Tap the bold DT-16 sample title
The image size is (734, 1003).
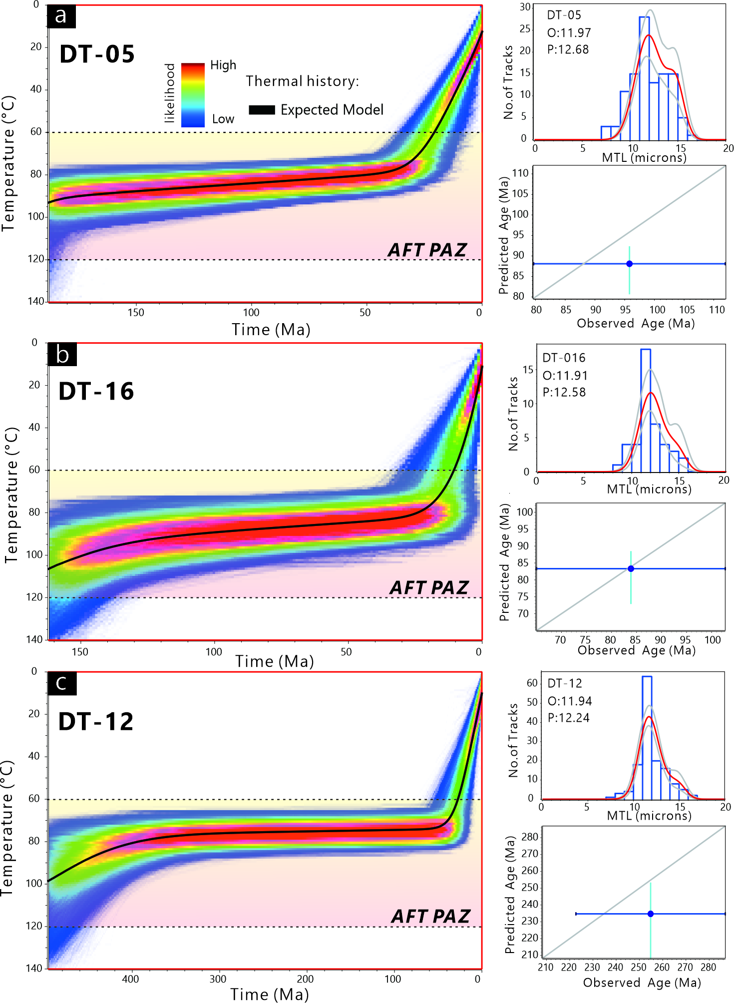(x=96, y=391)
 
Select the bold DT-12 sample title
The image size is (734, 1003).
(x=96, y=721)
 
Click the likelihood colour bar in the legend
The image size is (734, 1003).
(x=193, y=95)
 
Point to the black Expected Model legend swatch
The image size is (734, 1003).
(x=262, y=110)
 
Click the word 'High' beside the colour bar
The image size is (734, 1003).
(x=223, y=65)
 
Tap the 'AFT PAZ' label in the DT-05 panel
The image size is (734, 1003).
(x=427, y=250)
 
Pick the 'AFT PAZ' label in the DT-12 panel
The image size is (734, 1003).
(x=430, y=916)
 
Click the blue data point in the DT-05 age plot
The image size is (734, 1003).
(x=629, y=264)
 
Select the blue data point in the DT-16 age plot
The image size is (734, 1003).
(x=631, y=568)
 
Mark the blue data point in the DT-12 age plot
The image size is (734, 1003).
(x=650, y=914)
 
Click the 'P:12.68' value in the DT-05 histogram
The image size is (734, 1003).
(x=568, y=49)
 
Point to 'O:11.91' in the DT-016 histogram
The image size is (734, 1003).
(x=565, y=375)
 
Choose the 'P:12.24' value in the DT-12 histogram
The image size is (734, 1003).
(x=568, y=718)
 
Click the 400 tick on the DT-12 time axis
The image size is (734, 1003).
(x=130, y=979)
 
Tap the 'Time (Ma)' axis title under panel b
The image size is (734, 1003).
(x=275, y=661)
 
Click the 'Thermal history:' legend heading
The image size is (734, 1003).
(x=302, y=81)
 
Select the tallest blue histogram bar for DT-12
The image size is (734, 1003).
(x=647, y=737)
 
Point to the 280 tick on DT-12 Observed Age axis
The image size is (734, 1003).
(x=709, y=967)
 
